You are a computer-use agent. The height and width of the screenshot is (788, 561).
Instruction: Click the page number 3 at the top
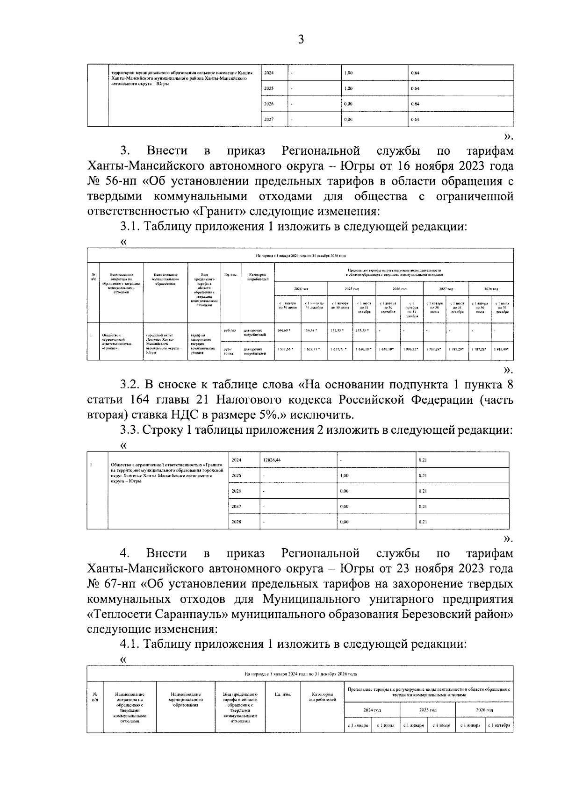pos(301,40)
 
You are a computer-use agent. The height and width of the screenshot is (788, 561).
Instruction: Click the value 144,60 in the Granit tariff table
pos(283,330)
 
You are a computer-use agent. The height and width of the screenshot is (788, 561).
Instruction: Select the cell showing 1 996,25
pos(411,349)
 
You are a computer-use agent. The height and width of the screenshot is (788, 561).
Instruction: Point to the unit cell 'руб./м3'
pos(230,330)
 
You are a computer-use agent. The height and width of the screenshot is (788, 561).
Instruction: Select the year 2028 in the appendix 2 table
pos(237,522)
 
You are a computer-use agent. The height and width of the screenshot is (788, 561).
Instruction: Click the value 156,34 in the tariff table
pos(310,330)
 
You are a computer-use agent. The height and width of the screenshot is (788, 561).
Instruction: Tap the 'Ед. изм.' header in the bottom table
pos(282,695)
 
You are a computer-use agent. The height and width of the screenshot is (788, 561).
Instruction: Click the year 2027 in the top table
pos(269,119)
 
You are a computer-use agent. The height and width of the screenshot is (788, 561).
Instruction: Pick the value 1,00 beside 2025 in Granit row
pos(344,475)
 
